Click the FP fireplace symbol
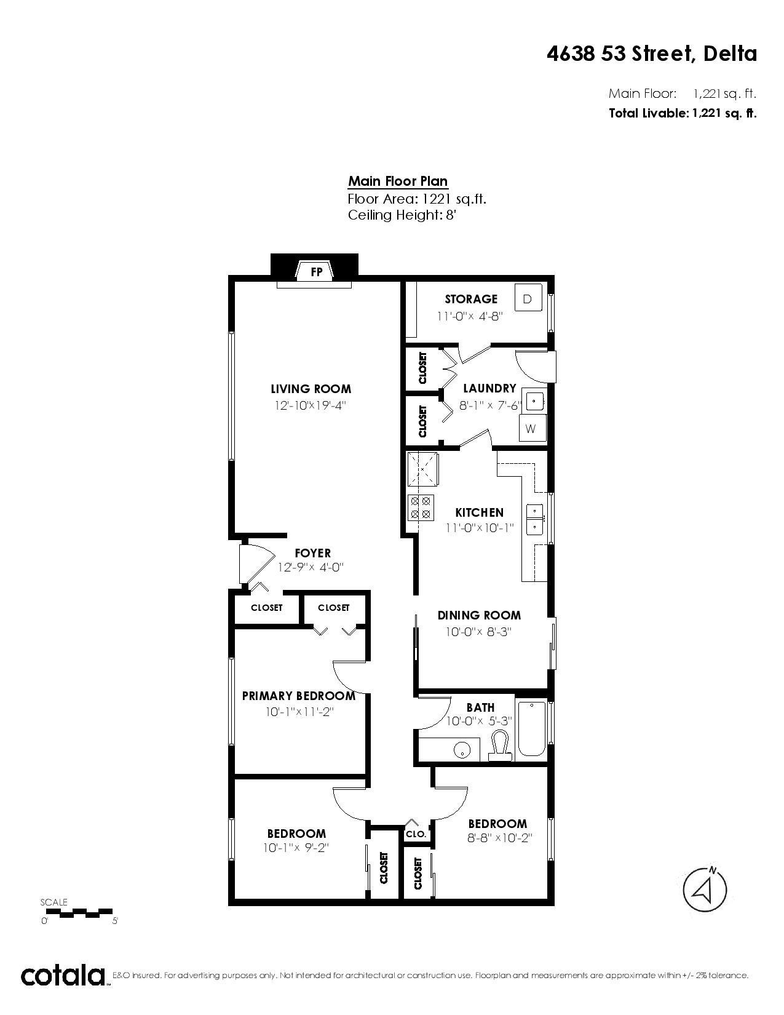tap(316, 271)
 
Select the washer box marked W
tap(531, 429)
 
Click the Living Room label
tap(311, 389)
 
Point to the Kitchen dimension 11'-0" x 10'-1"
tap(479, 528)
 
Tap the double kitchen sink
tap(535, 519)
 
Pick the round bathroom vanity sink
tap(462, 750)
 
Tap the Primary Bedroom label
tap(299, 696)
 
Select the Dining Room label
tap(479, 615)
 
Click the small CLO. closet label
tap(416, 834)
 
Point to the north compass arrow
tap(705, 889)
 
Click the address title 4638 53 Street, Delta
tap(652, 54)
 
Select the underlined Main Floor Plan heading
tap(398, 181)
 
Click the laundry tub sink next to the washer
tap(533, 401)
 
